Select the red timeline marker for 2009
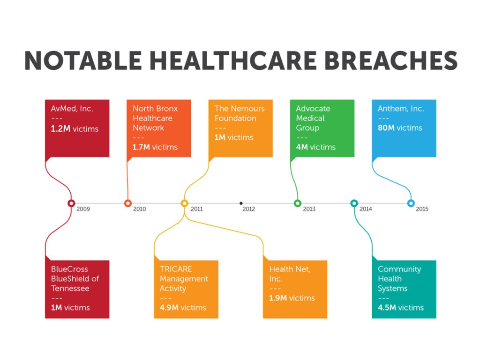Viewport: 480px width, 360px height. click(x=71, y=203)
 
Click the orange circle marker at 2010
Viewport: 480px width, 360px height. click(x=127, y=203)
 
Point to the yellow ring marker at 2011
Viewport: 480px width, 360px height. click(x=184, y=203)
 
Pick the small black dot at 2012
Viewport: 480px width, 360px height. click(x=241, y=203)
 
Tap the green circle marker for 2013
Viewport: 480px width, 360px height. click(x=297, y=203)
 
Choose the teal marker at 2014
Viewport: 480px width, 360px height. click(x=354, y=203)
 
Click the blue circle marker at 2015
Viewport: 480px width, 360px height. click(x=411, y=203)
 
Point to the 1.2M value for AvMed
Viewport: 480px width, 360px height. click(x=60, y=128)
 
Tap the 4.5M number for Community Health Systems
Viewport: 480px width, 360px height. click(x=388, y=308)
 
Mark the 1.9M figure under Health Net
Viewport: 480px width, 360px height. click(x=278, y=298)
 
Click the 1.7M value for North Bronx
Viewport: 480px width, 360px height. click(x=141, y=147)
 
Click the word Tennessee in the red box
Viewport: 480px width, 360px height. click(x=70, y=289)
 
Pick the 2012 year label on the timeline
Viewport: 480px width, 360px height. click(x=249, y=209)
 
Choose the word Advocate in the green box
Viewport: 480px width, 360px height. click(x=313, y=109)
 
